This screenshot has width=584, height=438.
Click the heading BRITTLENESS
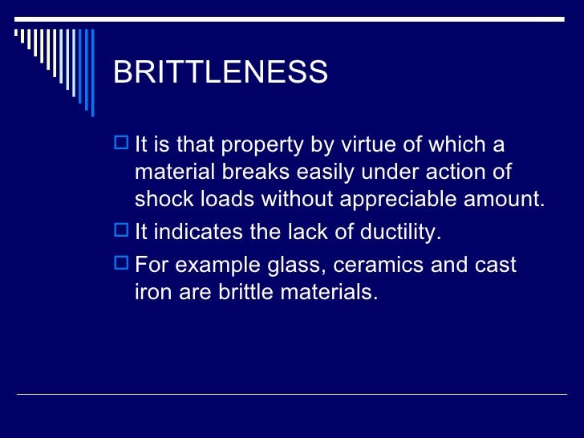click(221, 73)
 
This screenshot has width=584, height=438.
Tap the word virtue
click(368, 146)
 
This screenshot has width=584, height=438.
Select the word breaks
click(263, 172)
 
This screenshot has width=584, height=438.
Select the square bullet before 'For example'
click(121, 263)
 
